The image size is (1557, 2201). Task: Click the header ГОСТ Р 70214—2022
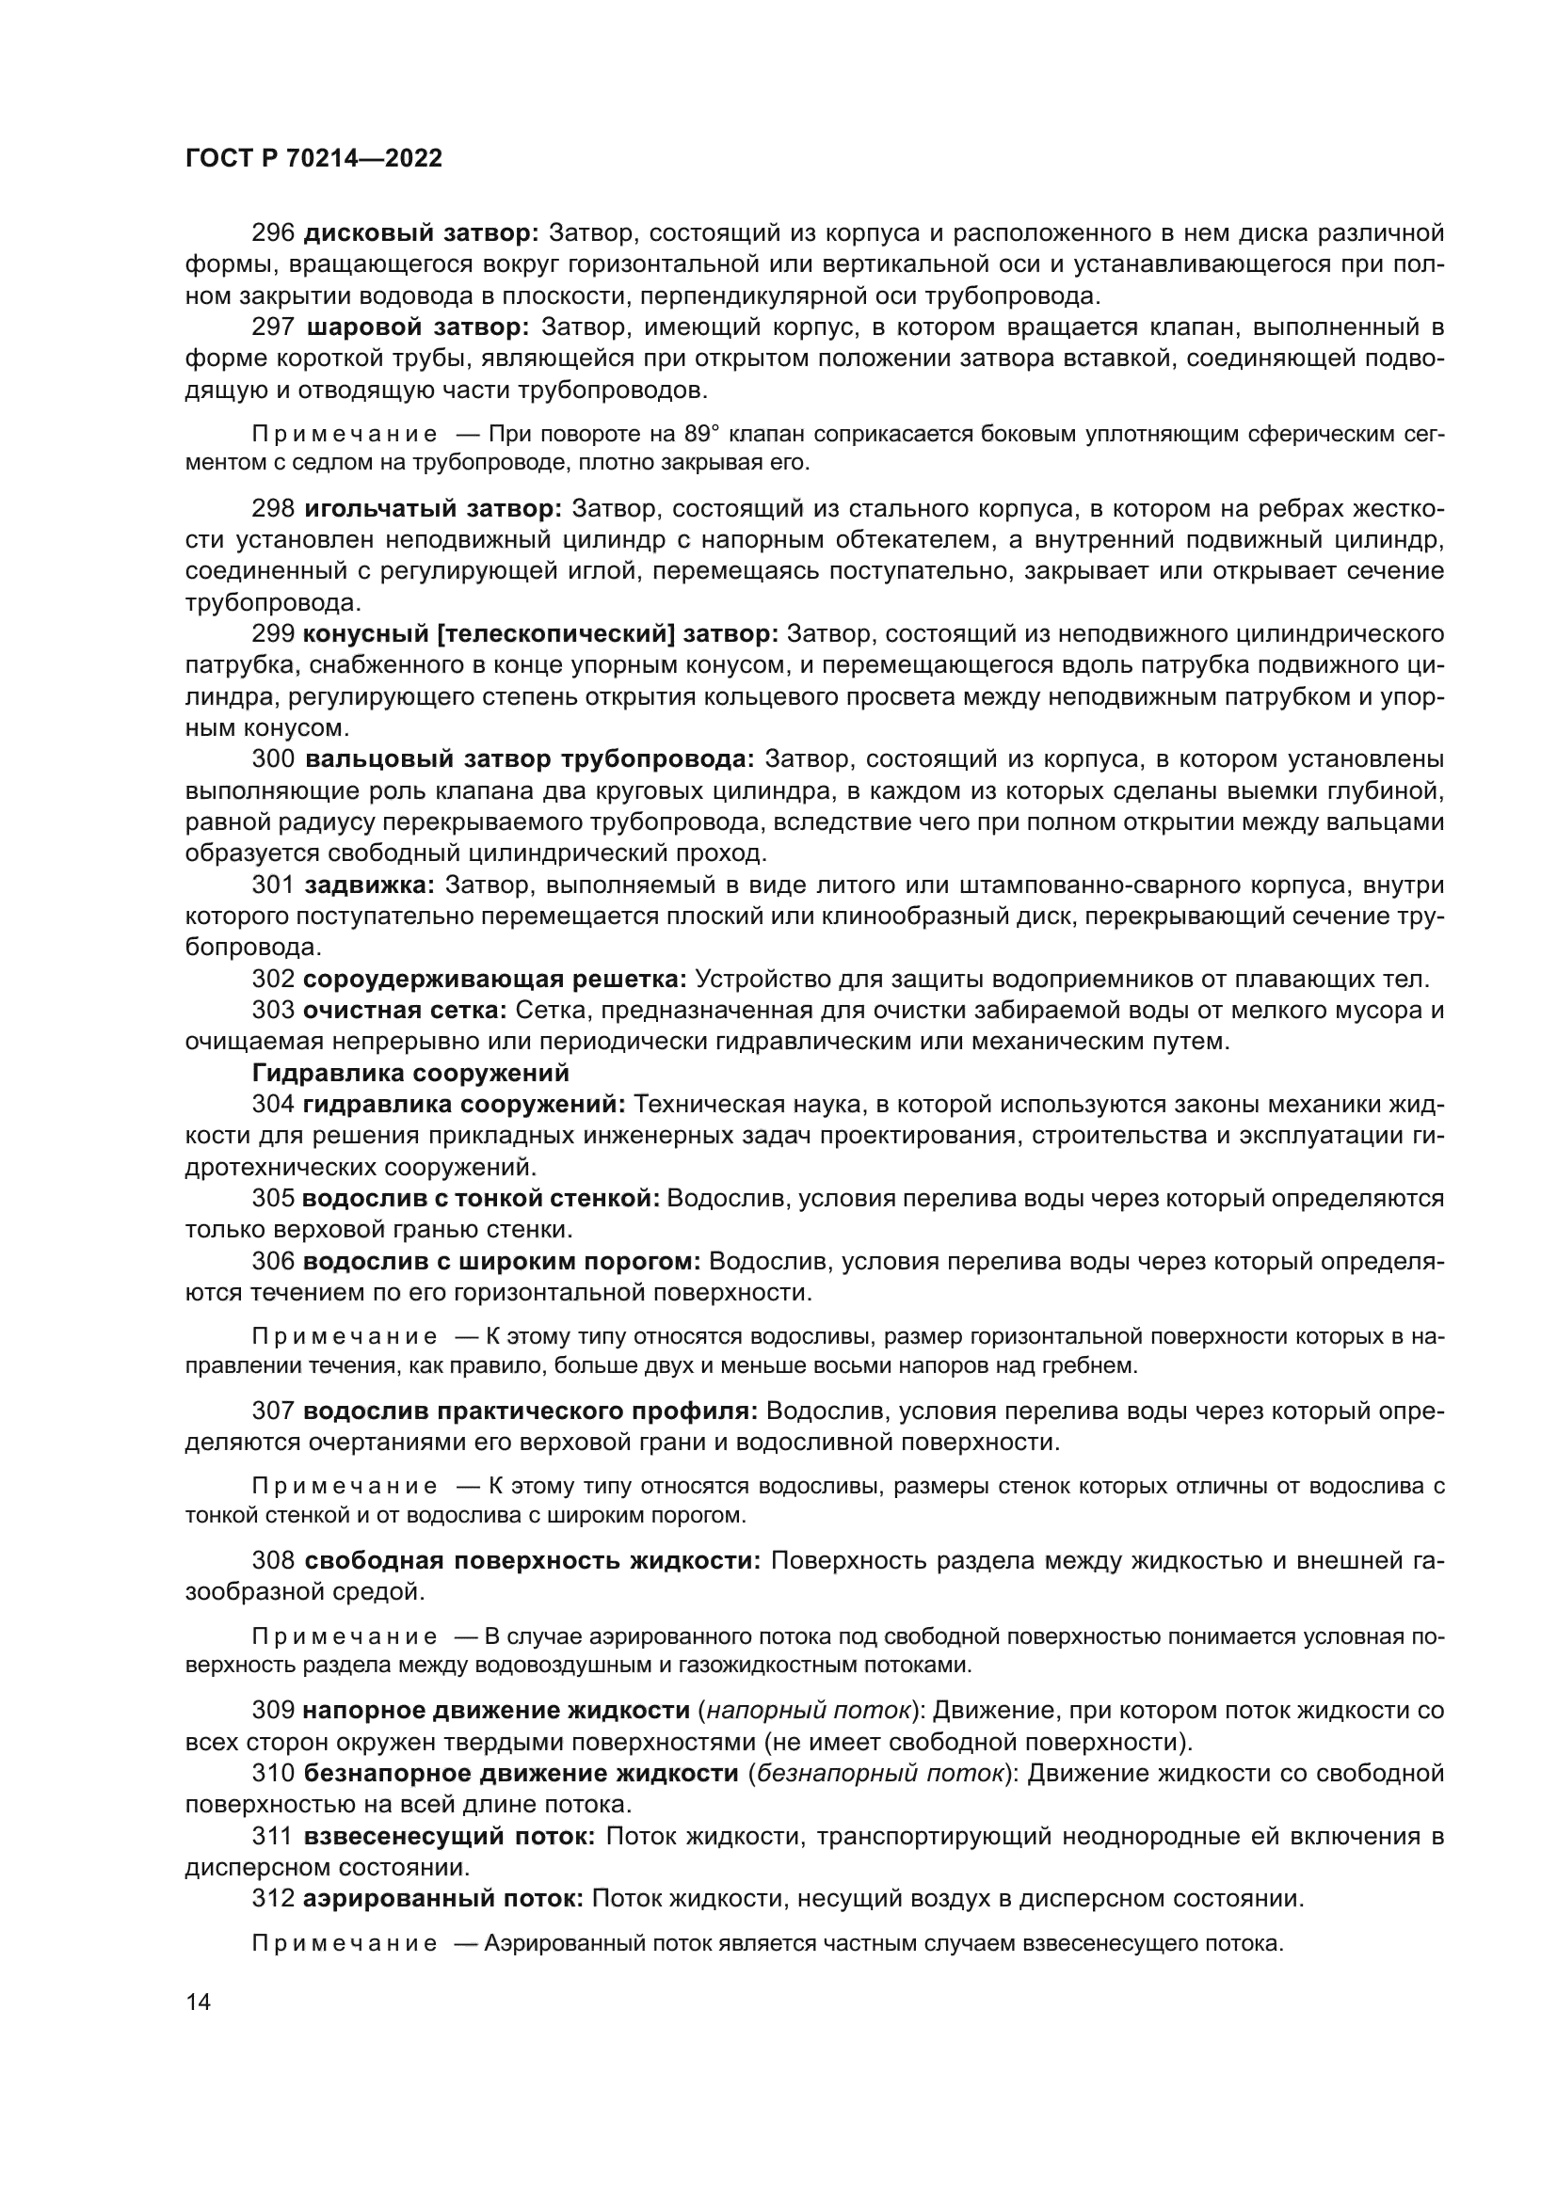(x=313, y=159)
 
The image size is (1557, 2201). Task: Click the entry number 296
(x=272, y=233)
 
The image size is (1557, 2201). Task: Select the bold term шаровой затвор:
(x=418, y=327)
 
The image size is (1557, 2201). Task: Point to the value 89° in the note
(x=704, y=434)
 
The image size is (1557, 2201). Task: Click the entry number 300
(x=272, y=759)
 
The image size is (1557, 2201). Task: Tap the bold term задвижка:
(x=369, y=885)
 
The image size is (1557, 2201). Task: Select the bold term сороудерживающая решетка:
(x=495, y=980)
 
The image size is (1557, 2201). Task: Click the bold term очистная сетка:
(x=405, y=1011)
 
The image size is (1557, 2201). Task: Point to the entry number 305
(x=272, y=1198)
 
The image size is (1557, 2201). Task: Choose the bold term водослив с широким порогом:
(x=502, y=1262)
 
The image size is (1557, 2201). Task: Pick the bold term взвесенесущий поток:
(x=450, y=1837)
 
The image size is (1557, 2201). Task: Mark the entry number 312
(x=272, y=1899)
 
